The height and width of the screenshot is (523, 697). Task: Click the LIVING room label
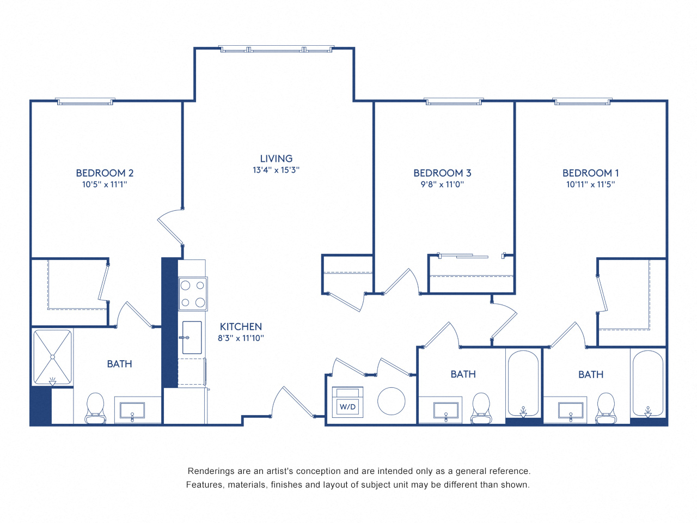pos(276,159)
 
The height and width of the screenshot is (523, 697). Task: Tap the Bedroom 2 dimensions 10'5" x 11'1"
pos(105,185)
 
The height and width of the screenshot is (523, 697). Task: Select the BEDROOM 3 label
pos(442,173)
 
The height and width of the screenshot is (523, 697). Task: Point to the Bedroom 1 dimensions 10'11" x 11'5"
pos(590,185)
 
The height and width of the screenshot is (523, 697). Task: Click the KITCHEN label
pos(241,326)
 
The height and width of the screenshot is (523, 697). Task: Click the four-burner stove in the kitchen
pos(193,294)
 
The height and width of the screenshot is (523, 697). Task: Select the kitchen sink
pos(191,337)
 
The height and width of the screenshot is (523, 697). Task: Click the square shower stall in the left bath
pos(52,357)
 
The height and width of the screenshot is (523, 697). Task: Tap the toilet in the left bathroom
pos(95,408)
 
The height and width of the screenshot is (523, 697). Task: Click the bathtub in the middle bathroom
pos(523,383)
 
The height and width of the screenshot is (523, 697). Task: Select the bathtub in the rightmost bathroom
pos(648,383)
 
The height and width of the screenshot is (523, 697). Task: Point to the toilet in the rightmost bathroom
pos(606,408)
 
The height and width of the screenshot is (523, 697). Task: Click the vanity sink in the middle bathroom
pos(445,410)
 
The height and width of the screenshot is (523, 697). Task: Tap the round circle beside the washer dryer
pos(391,402)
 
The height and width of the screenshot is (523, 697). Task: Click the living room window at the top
pos(276,50)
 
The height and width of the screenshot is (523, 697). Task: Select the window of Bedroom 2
pos(85,102)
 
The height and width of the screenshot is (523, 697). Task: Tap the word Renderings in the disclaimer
pos(211,471)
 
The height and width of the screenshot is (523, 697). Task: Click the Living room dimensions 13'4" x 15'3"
pos(276,170)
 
